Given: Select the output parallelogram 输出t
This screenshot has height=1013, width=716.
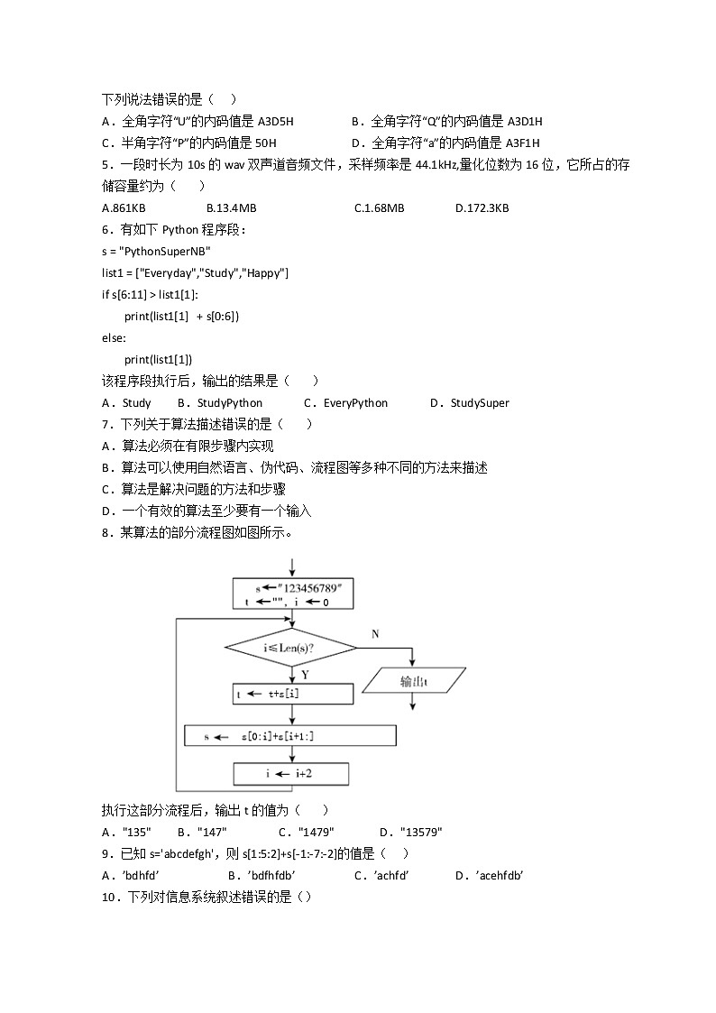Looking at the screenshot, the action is pos(414,681).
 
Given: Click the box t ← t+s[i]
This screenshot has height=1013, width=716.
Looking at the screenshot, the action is pos(292,694).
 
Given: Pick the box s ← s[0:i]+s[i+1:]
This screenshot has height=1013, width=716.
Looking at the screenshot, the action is pos(289,736).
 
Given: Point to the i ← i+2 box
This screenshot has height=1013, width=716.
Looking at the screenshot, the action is pos(290,774).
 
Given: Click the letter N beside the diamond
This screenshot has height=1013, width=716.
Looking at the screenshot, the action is pos(375,634).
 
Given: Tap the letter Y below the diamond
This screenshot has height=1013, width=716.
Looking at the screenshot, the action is pos(305,674).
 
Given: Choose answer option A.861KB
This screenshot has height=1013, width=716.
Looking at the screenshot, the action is pos(124,208).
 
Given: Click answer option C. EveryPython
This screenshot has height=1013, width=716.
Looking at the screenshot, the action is pos(345,403).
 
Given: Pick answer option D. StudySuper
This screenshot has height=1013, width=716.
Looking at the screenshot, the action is pos(469,403).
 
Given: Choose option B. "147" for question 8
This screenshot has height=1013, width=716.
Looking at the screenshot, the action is pos(202,833).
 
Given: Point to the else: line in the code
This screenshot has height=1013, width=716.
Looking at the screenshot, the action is pos(115,338).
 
